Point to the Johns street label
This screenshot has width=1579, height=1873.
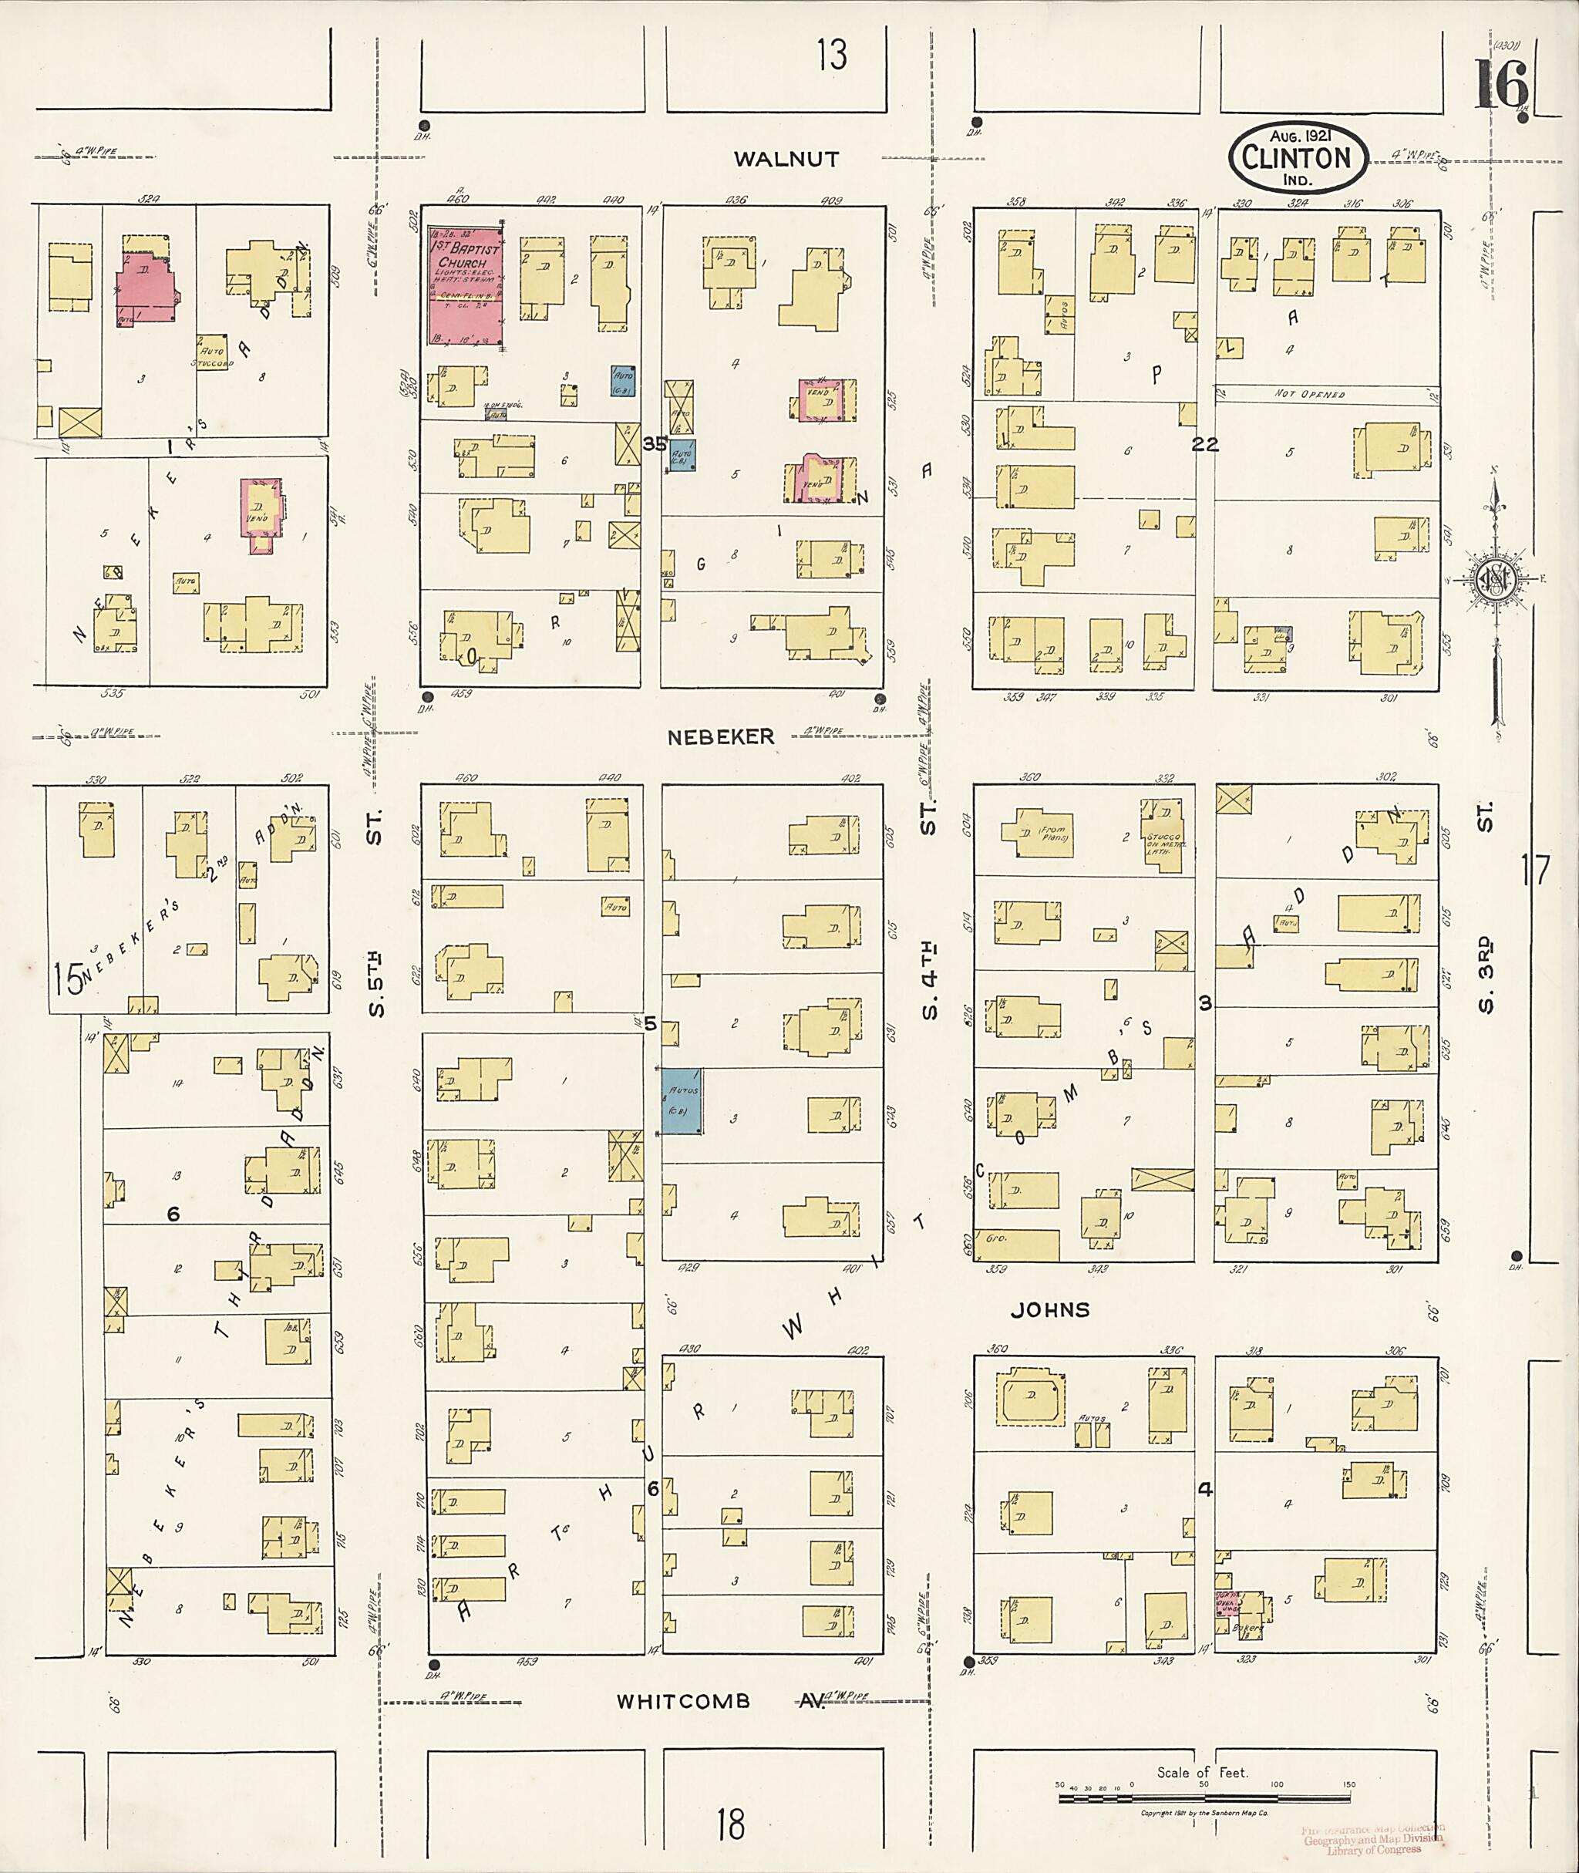(1050, 1311)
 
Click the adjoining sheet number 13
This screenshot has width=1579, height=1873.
(830, 56)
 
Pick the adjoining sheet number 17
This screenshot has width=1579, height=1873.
(1535, 871)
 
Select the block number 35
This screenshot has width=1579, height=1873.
(655, 443)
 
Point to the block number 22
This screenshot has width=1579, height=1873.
(1205, 444)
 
